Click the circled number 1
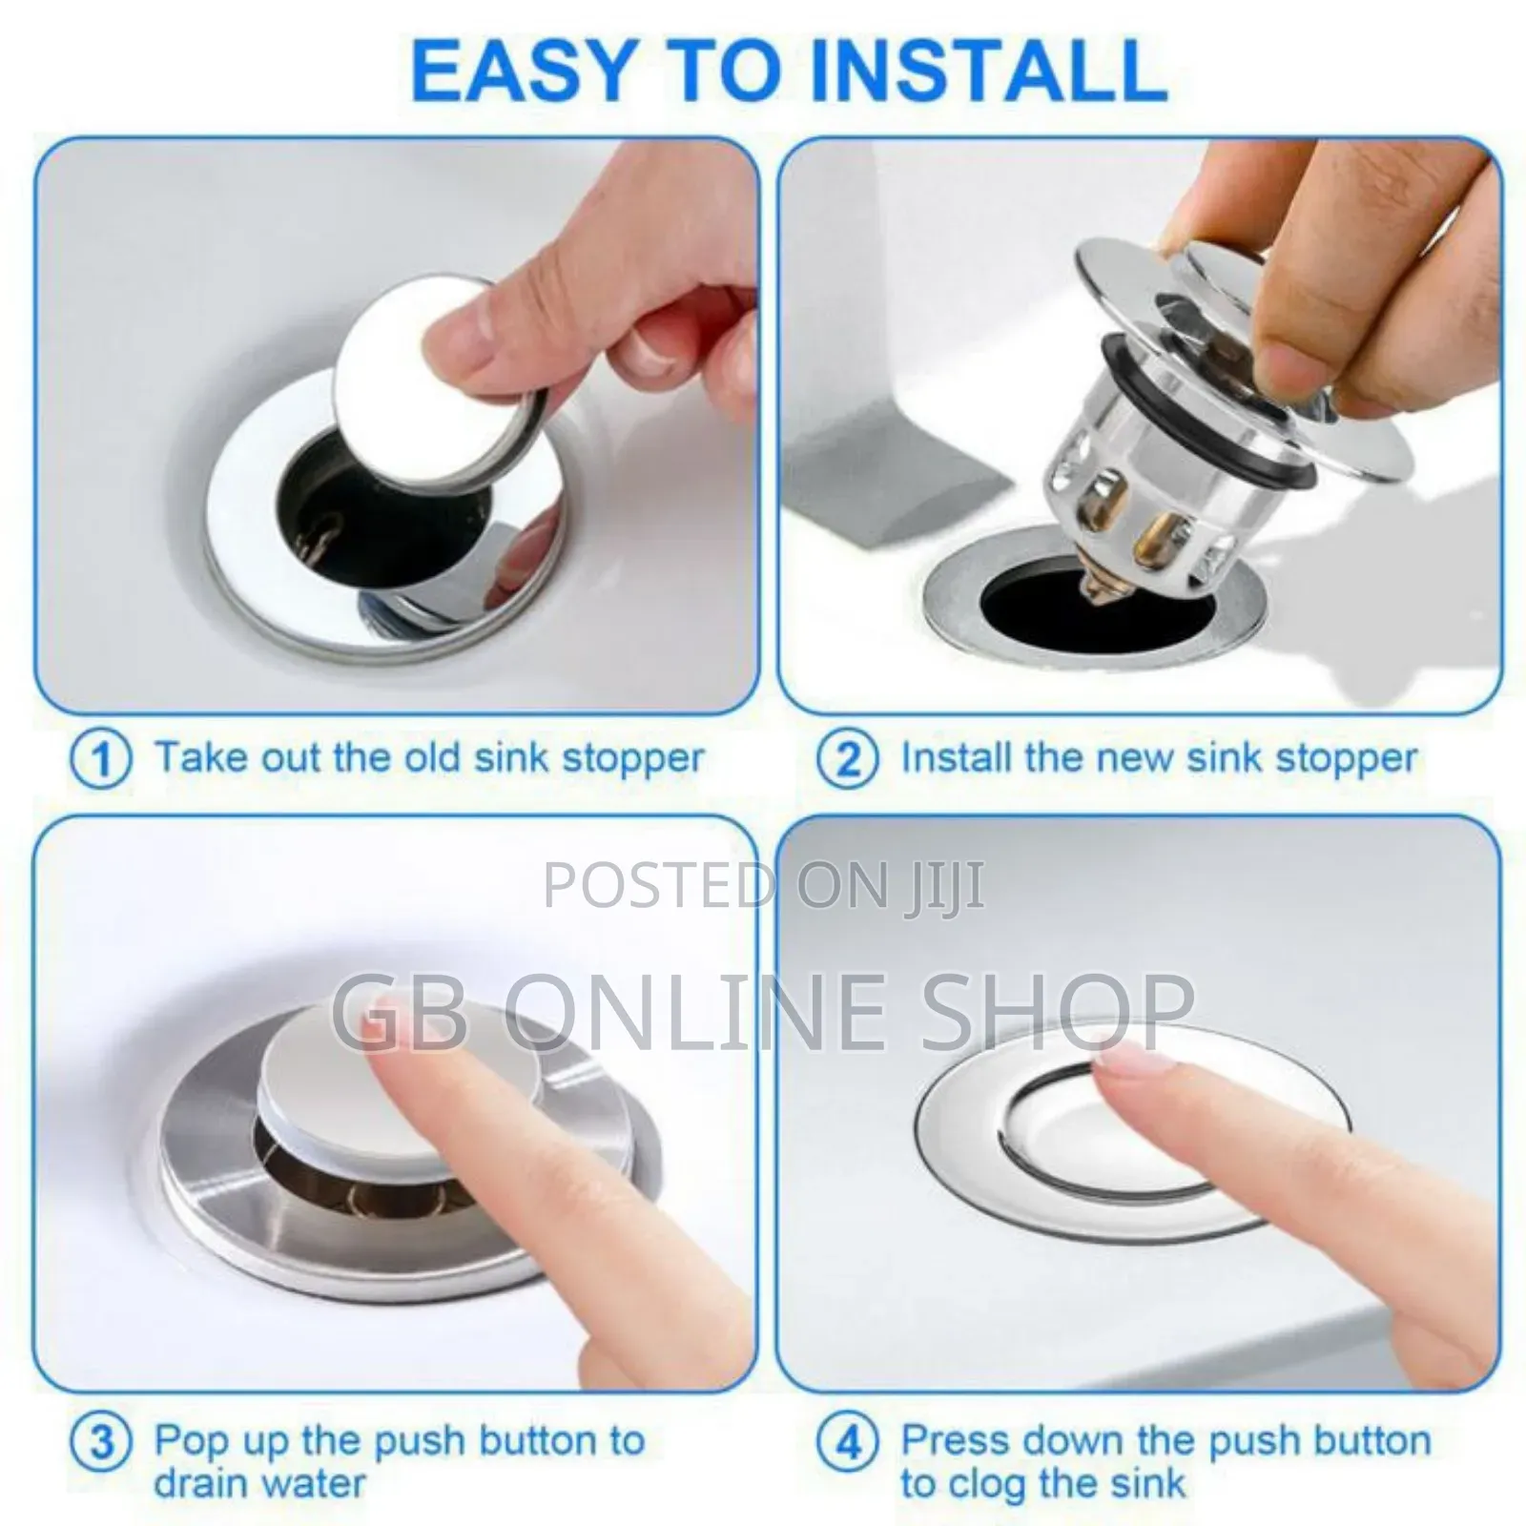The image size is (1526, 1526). tap(100, 760)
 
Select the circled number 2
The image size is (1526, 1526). tap(848, 760)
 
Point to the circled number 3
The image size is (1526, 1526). tap(100, 1441)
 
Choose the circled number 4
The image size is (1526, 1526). tap(848, 1441)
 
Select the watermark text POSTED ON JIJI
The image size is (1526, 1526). tap(763, 884)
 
